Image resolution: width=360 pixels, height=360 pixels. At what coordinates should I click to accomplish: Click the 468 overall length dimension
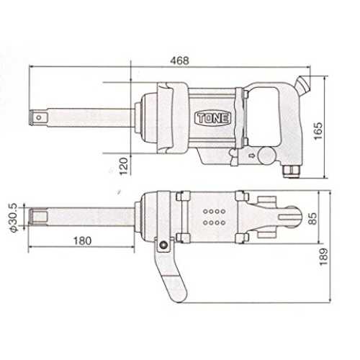point(179,60)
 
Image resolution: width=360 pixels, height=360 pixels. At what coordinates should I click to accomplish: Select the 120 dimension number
point(124,166)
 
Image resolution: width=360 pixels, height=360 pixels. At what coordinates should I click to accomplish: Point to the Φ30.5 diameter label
point(13,217)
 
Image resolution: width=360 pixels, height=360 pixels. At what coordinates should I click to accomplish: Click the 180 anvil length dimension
point(82,240)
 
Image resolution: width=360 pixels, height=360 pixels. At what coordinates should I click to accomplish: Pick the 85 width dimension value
point(312,218)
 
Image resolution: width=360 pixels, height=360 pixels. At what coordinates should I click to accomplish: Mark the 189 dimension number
point(323,256)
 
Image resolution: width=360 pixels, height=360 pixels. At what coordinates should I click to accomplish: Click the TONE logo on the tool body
point(212,118)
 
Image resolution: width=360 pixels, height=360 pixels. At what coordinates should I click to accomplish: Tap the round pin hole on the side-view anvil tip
point(39,117)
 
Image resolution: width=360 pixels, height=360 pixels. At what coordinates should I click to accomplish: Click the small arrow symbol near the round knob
point(251,156)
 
